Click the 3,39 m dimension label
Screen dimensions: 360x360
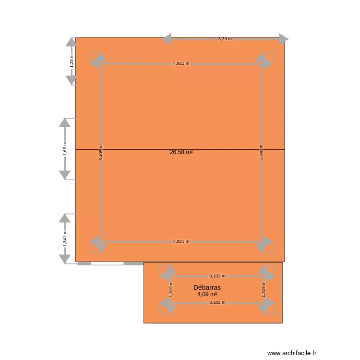point(225,39)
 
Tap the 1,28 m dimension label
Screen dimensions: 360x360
point(72,61)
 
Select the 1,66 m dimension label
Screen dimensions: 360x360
point(64,149)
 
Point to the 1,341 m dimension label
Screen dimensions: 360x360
point(64,239)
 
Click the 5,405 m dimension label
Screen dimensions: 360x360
point(101,153)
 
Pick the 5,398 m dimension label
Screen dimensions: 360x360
point(261,153)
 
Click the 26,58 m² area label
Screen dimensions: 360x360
point(181,152)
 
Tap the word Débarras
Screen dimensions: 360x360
point(207,288)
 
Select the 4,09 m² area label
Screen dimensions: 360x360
point(207,294)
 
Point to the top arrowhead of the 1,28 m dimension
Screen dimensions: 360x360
point(72,42)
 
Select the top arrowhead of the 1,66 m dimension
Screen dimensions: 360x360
point(64,122)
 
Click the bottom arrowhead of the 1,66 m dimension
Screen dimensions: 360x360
point(64,175)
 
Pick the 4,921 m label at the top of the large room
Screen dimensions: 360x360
point(181,63)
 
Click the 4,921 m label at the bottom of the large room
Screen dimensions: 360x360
point(181,241)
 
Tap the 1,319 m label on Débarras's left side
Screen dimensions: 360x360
point(170,289)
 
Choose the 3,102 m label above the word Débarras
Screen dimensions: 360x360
point(217,276)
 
